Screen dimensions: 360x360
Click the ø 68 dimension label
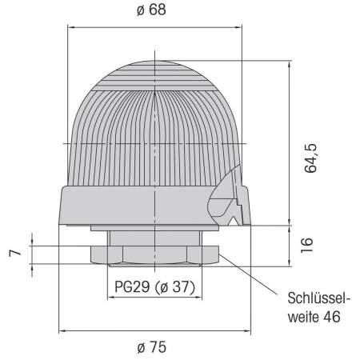(x=151, y=10)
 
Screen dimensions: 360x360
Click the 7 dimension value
(x=12, y=254)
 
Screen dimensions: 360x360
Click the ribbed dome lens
(x=152, y=128)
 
